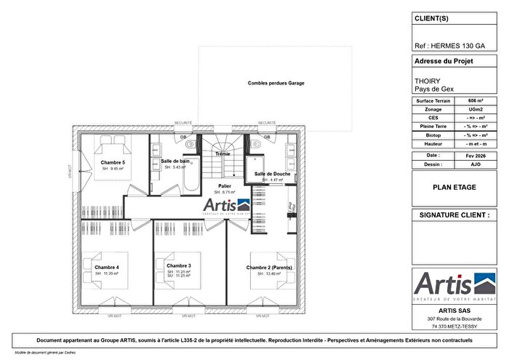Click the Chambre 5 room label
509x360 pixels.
click(113, 162)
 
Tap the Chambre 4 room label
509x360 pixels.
click(106, 267)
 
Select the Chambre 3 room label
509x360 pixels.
click(178, 266)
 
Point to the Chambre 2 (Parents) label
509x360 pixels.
click(270, 268)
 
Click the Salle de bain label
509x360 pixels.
click(175, 161)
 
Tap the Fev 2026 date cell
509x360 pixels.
click(475, 156)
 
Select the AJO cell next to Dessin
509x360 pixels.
click(475, 164)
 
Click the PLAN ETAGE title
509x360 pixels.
click(454, 187)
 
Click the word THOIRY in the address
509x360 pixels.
click(425, 82)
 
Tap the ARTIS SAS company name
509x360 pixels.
click(454, 311)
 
